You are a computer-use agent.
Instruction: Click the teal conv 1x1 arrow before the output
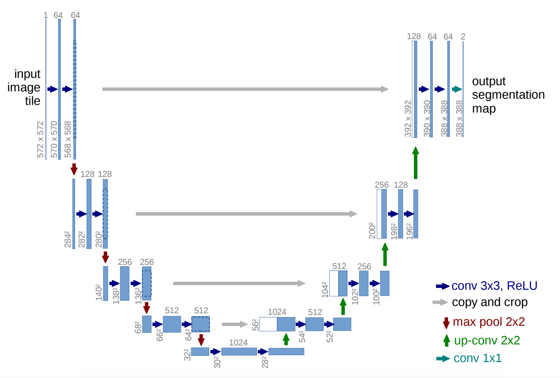(457, 89)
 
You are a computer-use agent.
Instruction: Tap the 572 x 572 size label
(41, 139)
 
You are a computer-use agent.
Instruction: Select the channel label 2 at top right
(463, 37)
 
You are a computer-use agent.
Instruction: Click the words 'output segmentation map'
(508, 95)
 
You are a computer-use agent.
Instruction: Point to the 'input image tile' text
(24, 87)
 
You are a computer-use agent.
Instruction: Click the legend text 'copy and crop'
(489, 302)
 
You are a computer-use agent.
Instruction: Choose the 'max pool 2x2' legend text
(488, 322)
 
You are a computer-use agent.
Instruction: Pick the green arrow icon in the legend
(447, 341)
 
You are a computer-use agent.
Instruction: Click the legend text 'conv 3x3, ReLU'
(494, 286)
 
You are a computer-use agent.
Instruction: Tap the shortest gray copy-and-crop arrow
(235, 324)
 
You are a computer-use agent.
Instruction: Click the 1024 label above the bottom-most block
(238, 343)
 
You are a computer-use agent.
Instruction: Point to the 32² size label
(187, 355)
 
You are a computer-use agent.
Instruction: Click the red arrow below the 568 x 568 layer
(74, 169)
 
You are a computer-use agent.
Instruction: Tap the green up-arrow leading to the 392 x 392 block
(415, 163)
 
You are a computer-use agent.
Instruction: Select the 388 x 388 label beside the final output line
(459, 118)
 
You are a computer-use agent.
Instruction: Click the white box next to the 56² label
(268, 324)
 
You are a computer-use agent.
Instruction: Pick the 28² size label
(265, 362)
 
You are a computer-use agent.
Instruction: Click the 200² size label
(372, 231)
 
